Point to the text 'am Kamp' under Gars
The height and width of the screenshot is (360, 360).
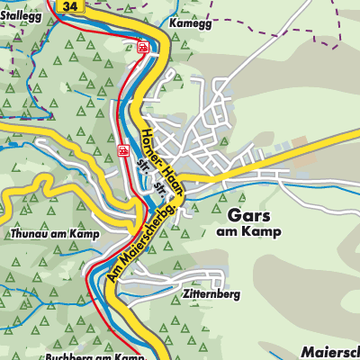point(249,232)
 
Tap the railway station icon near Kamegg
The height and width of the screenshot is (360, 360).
point(141,48)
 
